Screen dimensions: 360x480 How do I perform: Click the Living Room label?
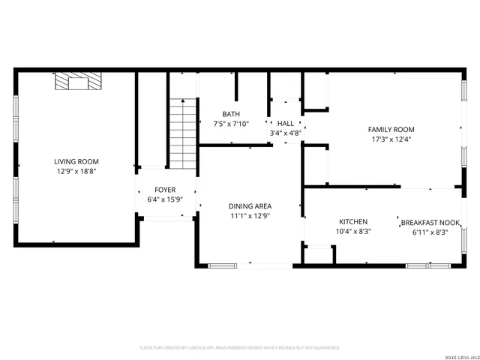(76, 161)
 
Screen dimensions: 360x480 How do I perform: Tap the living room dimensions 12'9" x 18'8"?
(76, 171)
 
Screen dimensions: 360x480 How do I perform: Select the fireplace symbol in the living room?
(76, 80)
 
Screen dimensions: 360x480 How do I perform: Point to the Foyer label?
(165, 190)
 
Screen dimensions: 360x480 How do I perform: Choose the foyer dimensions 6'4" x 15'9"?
(165, 199)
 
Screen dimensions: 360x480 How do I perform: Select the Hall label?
(286, 124)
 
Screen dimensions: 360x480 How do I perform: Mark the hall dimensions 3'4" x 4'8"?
(286, 133)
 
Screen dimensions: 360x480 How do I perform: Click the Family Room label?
(391, 129)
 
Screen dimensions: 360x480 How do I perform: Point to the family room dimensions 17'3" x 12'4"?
(391, 139)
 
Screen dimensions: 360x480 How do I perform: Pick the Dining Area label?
(250, 206)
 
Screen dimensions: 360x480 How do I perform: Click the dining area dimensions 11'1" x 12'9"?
(250, 216)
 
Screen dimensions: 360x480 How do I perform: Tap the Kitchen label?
(353, 222)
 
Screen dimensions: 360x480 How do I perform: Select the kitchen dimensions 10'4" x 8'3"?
(353, 232)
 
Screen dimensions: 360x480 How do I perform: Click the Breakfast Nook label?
(430, 223)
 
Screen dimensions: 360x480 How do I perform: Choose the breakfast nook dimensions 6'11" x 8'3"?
(430, 232)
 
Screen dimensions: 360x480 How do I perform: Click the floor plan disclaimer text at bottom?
(240, 348)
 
